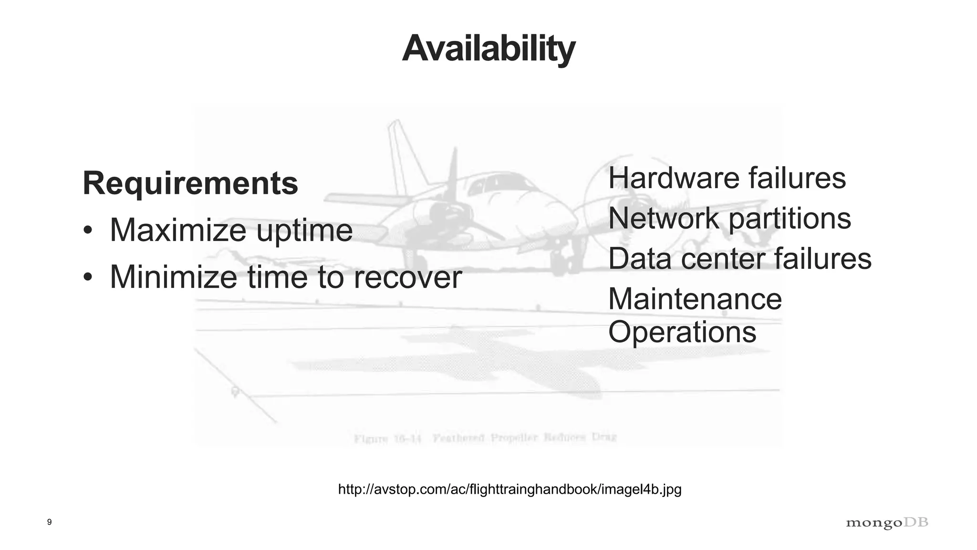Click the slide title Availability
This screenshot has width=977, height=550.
point(488,49)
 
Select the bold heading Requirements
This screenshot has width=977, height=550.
point(190,183)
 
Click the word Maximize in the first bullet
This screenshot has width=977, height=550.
point(178,230)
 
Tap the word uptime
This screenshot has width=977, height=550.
point(304,231)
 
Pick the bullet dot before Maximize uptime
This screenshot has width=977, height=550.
point(88,230)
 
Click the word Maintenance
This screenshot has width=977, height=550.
point(695,299)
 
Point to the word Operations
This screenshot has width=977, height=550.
point(682,332)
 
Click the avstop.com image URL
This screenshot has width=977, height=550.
point(509,489)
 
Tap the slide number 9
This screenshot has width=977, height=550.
point(50,522)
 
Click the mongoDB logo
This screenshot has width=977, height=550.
point(887,523)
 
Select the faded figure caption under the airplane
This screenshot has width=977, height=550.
point(485,437)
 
